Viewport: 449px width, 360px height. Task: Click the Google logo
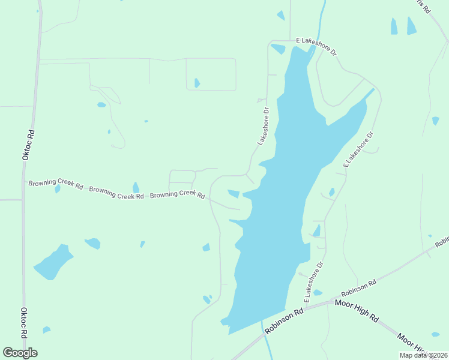pyautogui.click(x=20, y=353)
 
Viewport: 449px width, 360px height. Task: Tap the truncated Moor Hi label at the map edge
pyautogui.click(x=412, y=344)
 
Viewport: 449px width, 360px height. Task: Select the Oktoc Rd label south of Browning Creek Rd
pyautogui.click(x=24, y=323)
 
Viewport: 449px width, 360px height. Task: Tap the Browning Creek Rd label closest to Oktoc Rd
pyautogui.click(x=55, y=184)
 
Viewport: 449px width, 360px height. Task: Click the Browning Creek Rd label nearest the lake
pyautogui.click(x=177, y=195)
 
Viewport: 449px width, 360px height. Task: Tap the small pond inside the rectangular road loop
pyautogui.click(x=197, y=83)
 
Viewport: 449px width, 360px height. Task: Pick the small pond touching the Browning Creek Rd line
pyautogui.click(x=136, y=188)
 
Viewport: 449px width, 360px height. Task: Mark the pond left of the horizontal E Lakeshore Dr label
pyautogui.click(x=277, y=49)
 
